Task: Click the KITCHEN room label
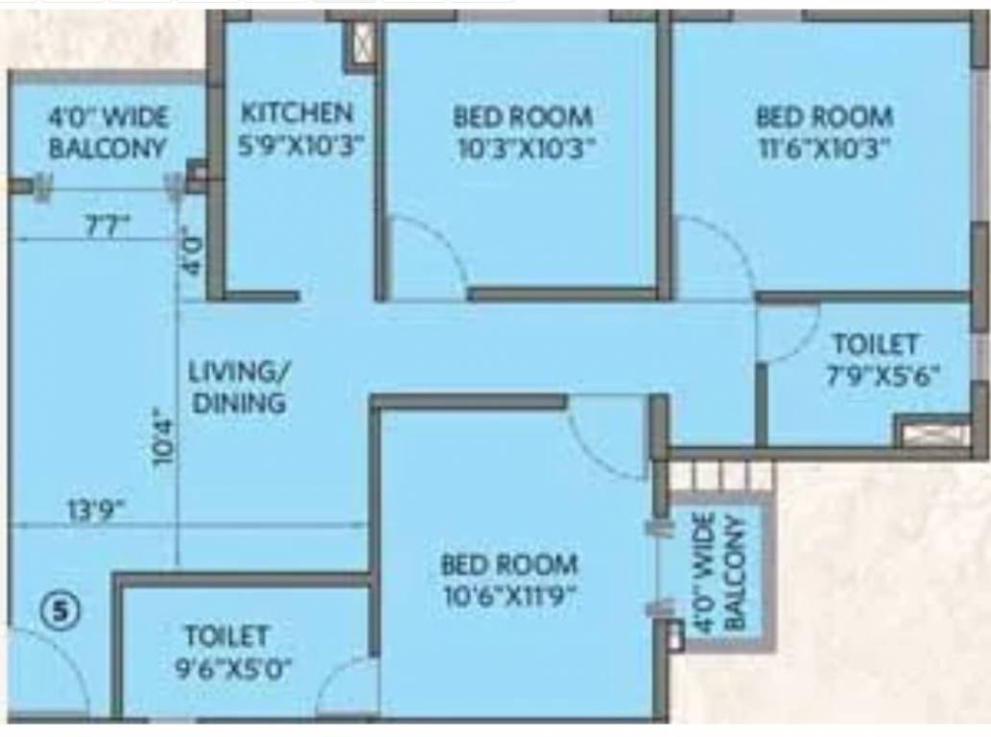click(296, 112)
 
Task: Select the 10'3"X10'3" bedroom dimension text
click(523, 148)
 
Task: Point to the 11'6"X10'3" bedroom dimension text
click(824, 148)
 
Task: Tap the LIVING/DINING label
click(239, 386)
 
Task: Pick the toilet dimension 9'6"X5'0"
click(227, 668)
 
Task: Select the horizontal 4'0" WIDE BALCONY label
click(107, 133)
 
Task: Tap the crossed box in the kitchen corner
click(362, 44)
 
